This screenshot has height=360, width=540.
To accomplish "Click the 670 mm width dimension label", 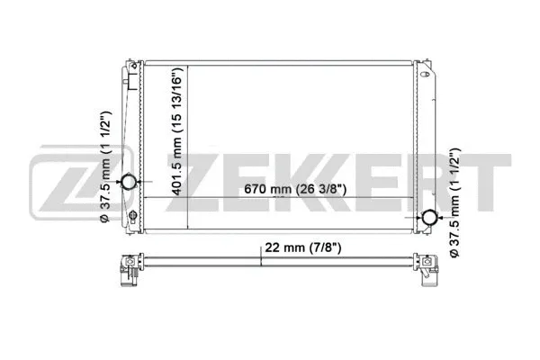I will pyautogui.click(x=301, y=190).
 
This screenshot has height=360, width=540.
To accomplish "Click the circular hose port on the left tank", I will pyautogui.click(x=129, y=183).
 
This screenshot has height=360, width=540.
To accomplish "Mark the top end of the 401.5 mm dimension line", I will pyautogui.click(x=187, y=65).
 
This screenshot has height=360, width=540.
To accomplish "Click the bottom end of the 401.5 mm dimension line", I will pyautogui.click(x=187, y=232).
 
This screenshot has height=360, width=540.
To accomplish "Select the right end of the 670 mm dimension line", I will pyautogui.click(x=417, y=198).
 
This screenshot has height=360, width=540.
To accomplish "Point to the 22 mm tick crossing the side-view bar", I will pyautogui.click(x=261, y=261).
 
